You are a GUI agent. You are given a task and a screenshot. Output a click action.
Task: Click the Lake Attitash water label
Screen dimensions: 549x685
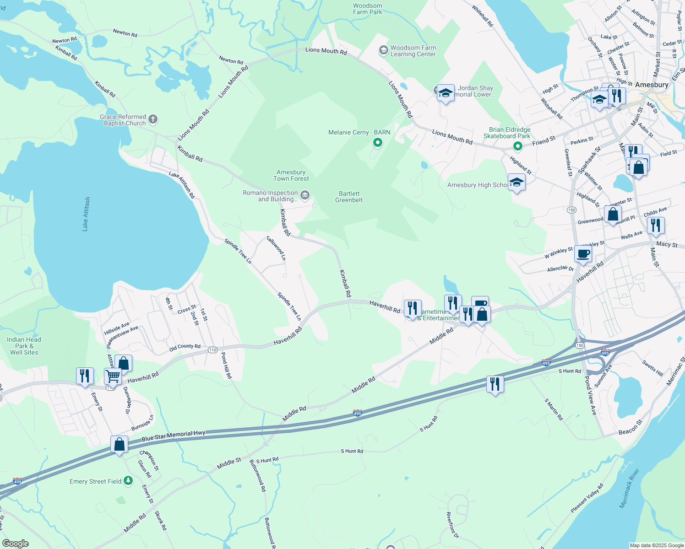click(x=86, y=214)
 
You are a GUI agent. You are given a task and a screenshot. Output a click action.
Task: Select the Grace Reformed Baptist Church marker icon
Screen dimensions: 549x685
click(x=153, y=120)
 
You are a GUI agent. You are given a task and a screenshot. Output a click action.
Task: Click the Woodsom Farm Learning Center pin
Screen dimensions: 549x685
click(x=384, y=50)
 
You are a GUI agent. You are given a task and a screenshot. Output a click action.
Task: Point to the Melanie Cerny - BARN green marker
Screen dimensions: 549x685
click(x=378, y=143)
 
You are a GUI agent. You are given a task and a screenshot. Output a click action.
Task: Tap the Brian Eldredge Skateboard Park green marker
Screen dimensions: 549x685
click(x=517, y=146)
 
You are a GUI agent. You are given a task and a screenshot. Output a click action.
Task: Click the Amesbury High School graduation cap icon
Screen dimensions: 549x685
click(x=516, y=182)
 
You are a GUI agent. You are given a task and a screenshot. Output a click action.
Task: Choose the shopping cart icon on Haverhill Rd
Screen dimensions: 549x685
click(x=113, y=377)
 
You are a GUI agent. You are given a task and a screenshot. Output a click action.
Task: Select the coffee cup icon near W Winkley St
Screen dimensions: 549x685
click(x=583, y=253)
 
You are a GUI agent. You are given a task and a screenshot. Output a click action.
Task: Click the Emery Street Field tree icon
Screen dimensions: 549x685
click(x=128, y=480)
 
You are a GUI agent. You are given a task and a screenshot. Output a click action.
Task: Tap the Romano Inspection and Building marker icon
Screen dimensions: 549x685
click(x=305, y=196)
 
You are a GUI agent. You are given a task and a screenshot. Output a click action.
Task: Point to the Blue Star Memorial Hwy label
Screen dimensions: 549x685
click(x=174, y=436)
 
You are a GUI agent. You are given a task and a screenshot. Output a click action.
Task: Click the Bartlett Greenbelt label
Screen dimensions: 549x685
click(x=349, y=197)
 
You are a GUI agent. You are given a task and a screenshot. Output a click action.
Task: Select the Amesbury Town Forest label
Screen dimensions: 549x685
click(x=291, y=176)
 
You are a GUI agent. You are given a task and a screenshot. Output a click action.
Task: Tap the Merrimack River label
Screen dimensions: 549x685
click(x=629, y=488)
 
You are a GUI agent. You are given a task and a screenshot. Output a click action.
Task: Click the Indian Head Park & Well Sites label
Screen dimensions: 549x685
click(x=24, y=346)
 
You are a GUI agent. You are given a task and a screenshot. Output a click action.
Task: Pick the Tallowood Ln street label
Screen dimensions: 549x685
click(x=276, y=248)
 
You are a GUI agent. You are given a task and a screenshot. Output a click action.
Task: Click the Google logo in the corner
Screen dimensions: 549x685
click(x=16, y=543)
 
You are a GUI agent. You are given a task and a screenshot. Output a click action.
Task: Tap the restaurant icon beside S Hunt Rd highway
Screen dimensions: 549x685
click(x=495, y=384)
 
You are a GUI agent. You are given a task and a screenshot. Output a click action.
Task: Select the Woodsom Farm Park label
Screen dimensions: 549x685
click(x=367, y=9)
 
